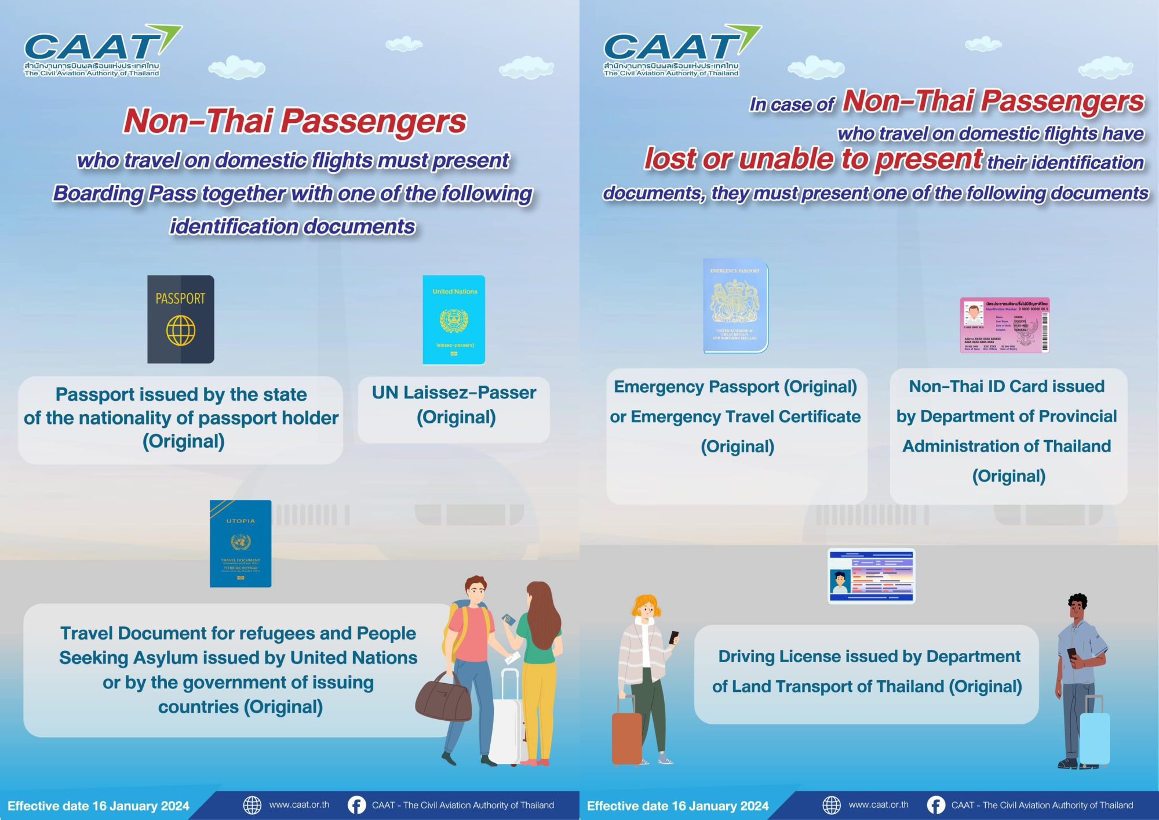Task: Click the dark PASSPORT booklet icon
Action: pos(181,320)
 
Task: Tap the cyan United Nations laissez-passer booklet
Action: pos(454,320)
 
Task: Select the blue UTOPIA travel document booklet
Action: pos(240,543)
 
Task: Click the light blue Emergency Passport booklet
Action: pos(735,306)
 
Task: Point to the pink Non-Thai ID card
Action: pos(1005,325)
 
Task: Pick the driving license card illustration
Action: pos(872,576)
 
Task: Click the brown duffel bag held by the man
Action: pos(443,699)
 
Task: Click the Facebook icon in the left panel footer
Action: pos(356,805)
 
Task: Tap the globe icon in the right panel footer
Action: pos(832,805)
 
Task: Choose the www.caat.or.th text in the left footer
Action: pos(299,805)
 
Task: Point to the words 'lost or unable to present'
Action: pos(813,159)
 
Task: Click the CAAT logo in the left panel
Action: pos(93,51)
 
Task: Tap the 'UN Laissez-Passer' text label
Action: pos(454,393)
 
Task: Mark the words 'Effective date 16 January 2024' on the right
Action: pos(677,806)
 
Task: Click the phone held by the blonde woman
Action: pos(673,637)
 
